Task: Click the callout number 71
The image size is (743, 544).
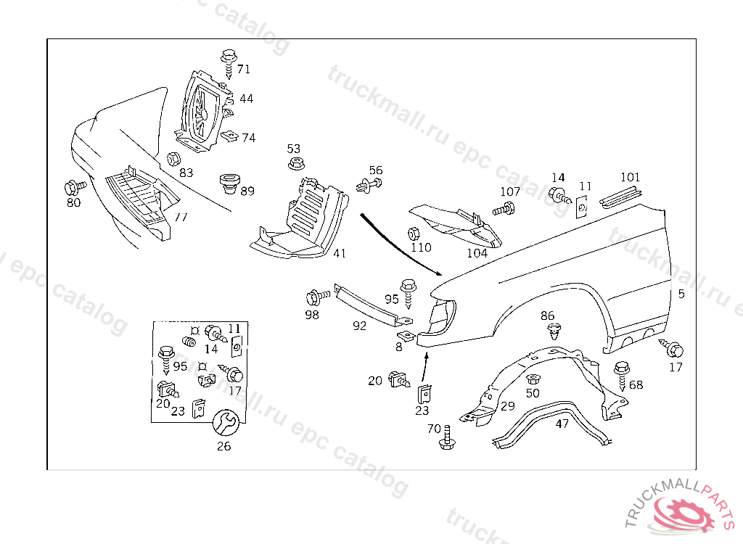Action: [243, 70]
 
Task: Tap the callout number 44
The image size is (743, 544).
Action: [247, 98]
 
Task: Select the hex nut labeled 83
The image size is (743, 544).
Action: [173, 159]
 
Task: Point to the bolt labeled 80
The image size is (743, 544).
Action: [73, 186]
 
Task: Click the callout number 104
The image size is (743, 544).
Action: [477, 253]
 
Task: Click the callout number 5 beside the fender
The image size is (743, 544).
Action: [681, 294]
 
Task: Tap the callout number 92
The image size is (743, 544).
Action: [360, 326]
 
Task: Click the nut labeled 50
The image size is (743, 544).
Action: [533, 379]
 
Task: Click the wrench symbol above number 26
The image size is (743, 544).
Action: [224, 421]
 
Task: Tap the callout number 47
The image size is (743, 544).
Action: [562, 424]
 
